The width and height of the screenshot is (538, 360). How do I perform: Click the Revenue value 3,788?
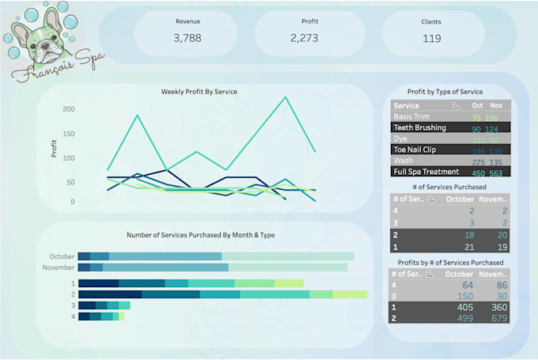point(188,37)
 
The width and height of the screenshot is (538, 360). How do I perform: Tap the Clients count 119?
point(432,37)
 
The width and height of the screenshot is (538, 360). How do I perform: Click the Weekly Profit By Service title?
point(199,92)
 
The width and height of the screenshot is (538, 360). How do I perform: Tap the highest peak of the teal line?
point(286,97)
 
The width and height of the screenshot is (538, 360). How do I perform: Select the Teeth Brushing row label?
point(419,127)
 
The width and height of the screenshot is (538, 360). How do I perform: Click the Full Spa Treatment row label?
point(426,172)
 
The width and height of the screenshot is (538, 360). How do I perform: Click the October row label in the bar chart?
point(61,256)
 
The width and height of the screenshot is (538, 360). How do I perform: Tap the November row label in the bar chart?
point(59,267)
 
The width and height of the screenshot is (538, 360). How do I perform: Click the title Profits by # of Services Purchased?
point(450,262)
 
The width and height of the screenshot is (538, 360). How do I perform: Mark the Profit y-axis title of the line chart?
point(55,149)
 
